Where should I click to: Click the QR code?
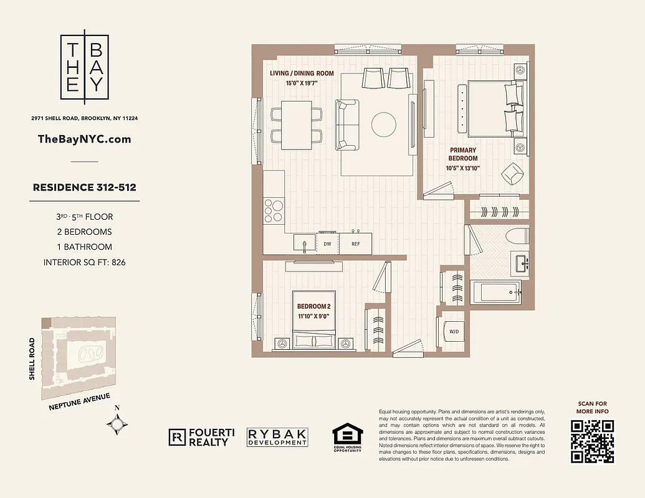(x=593, y=441)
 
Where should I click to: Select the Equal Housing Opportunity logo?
(x=347, y=438)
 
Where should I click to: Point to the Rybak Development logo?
(x=277, y=437)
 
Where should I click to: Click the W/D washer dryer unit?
(x=454, y=332)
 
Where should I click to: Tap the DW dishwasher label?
(x=327, y=245)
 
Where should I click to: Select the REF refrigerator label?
(x=355, y=245)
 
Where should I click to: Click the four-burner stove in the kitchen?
(x=273, y=210)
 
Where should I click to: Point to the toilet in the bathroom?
(x=518, y=237)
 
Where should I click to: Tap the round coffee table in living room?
(x=384, y=124)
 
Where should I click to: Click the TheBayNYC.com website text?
(x=85, y=139)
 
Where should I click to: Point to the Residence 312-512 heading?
(x=85, y=187)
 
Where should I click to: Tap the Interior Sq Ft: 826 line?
(x=85, y=262)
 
